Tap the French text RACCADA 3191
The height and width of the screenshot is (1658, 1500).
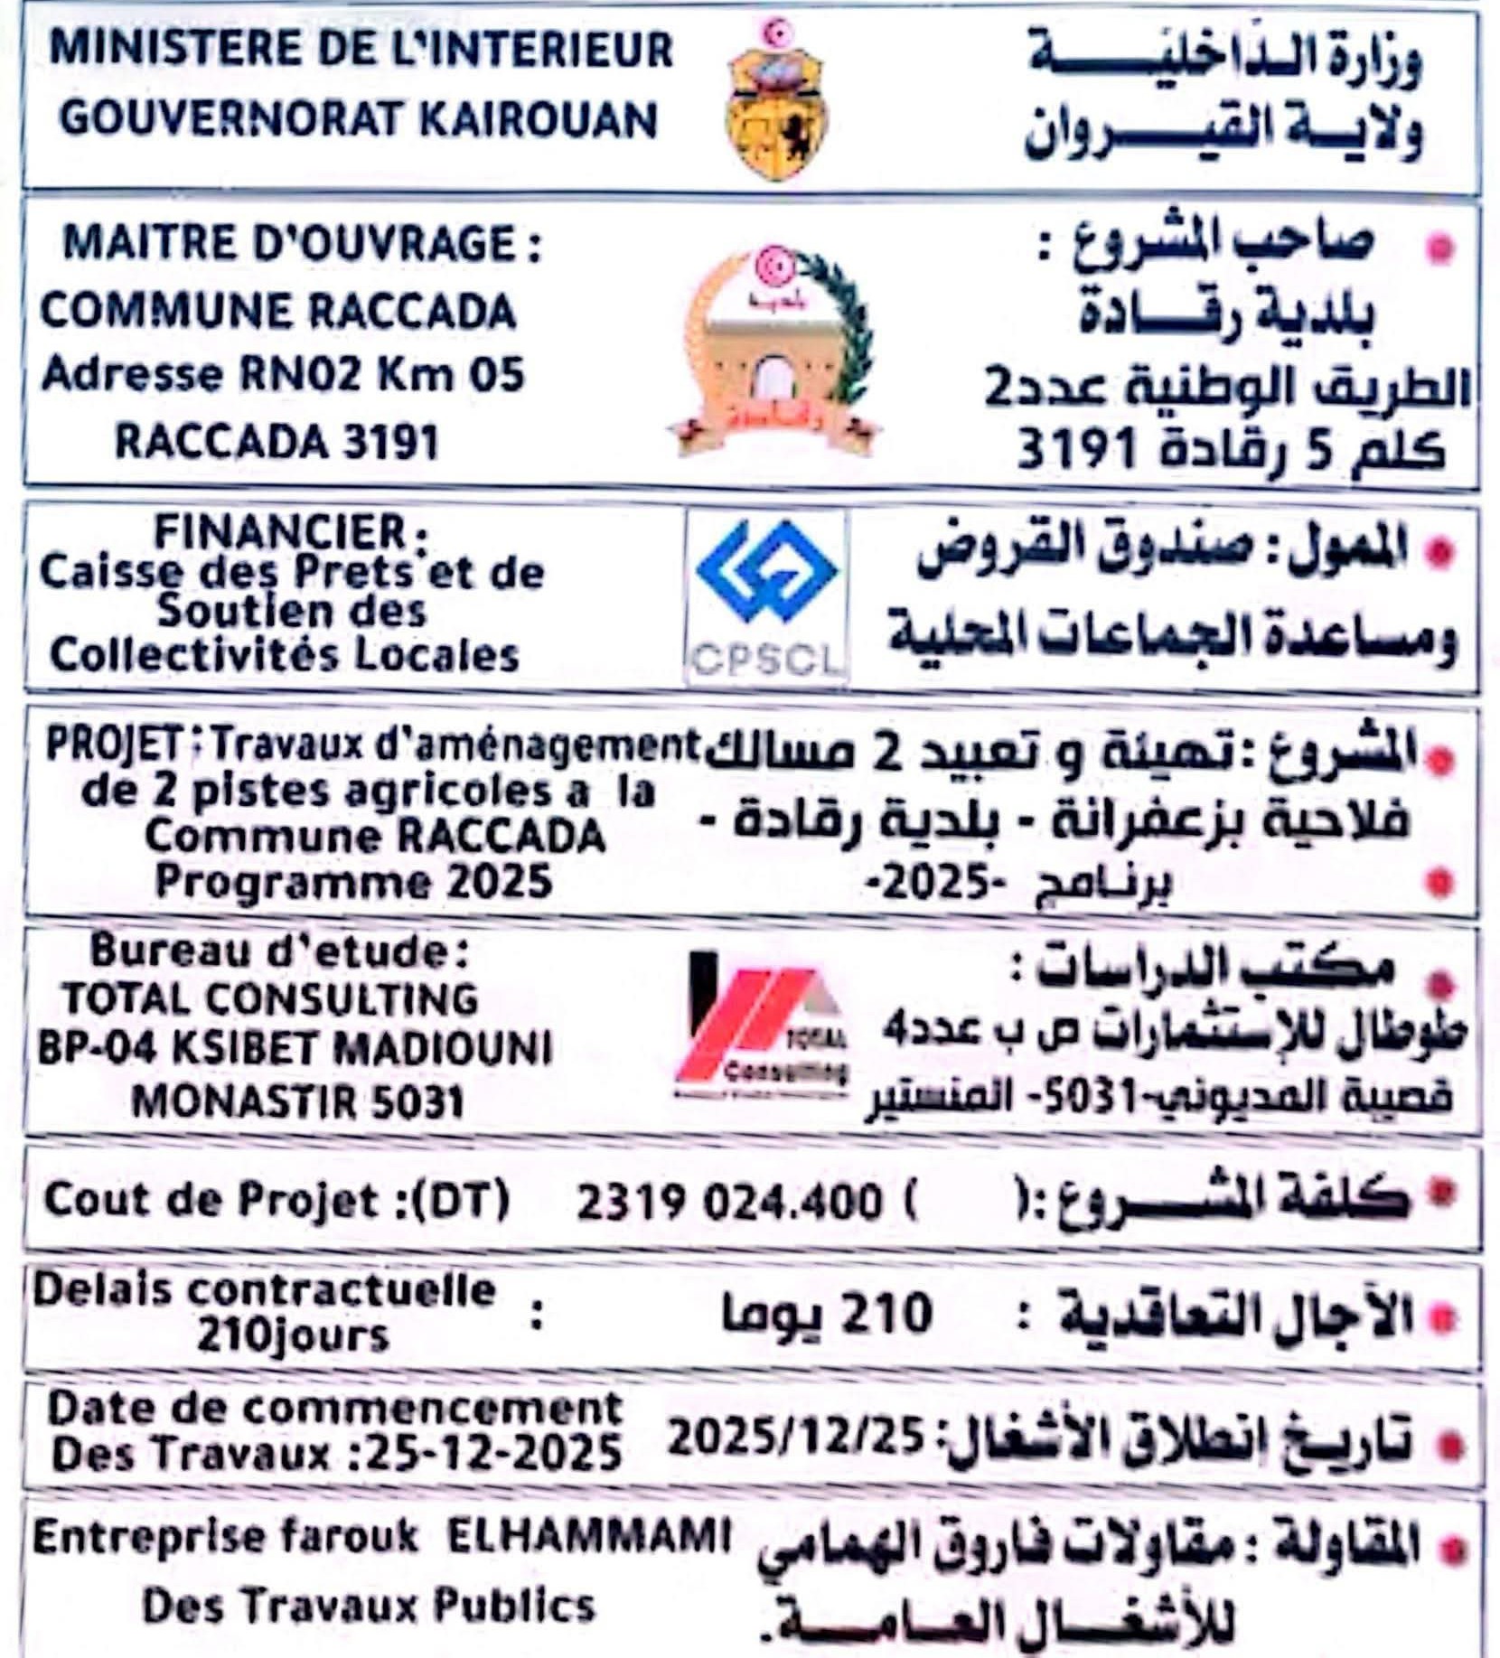pos(277,443)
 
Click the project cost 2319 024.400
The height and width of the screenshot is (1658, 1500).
pos(728,1203)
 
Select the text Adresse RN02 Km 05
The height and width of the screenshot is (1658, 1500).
pos(283,376)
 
